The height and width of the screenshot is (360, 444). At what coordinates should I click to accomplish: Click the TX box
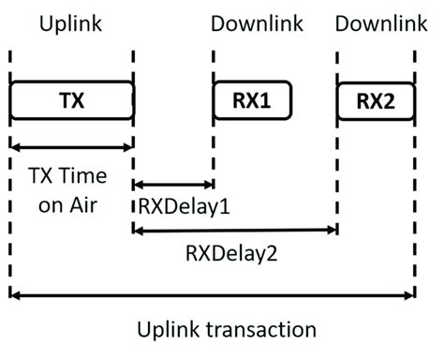point(71,100)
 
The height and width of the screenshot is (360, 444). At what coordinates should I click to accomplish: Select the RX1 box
point(252,100)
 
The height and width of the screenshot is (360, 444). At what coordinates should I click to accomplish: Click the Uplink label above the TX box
point(71,21)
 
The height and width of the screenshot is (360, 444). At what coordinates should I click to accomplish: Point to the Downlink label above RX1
point(252,21)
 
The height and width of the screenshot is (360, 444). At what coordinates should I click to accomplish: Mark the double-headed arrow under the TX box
point(71,146)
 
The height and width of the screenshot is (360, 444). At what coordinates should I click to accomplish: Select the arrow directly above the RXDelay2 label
point(234,229)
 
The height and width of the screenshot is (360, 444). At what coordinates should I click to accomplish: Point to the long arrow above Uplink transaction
point(212,295)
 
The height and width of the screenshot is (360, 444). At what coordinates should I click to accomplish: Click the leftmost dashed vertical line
point(10,234)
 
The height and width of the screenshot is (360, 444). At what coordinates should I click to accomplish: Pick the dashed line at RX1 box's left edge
point(215,141)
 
